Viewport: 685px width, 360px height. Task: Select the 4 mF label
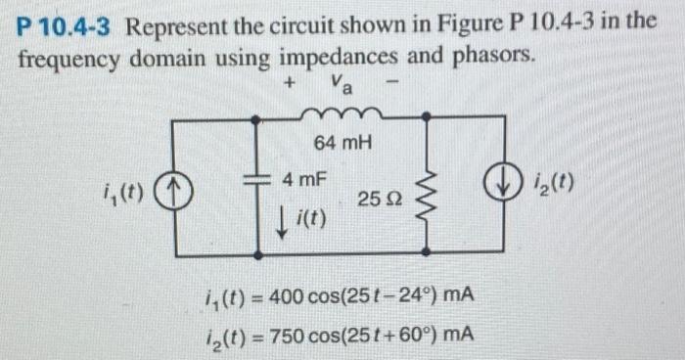303,180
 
